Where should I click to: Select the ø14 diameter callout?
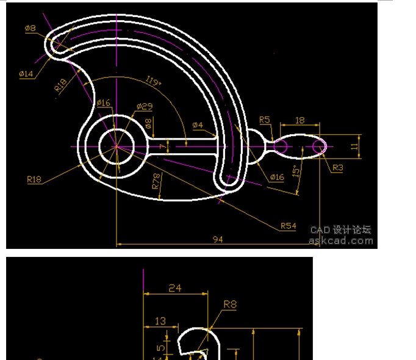point(26,74)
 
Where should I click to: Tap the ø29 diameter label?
point(145,106)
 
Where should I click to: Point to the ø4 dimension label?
point(197,125)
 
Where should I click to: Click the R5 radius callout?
point(265,120)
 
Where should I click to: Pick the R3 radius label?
point(337,167)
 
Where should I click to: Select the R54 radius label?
point(288,226)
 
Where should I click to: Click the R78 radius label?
point(156,183)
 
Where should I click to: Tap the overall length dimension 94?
point(218,240)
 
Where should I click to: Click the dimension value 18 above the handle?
point(299,121)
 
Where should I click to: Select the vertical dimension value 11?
point(354,146)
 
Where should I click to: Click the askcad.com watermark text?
point(340,240)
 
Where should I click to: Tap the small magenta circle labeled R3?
point(319,146)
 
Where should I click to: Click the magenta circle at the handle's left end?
point(281,146)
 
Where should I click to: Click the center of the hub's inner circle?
point(115,146)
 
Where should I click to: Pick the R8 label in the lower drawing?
point(230,304)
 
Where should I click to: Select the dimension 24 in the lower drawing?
point(175,288)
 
